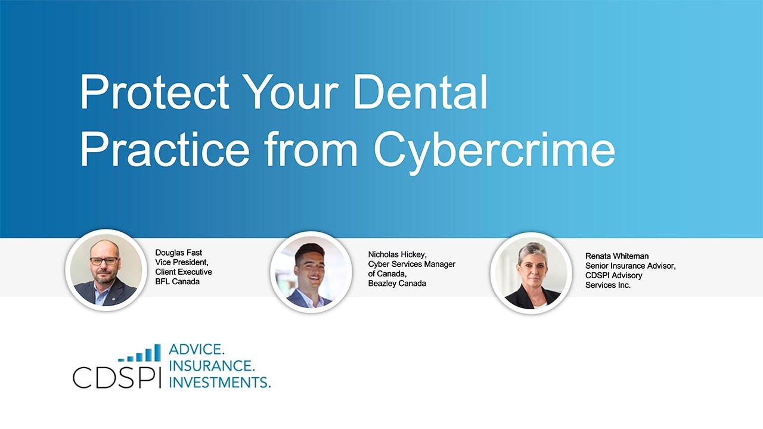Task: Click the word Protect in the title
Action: click(x=154, y=93)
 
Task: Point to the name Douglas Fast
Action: click(x=179, y=253)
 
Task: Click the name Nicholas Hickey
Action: click(x=397, y=254)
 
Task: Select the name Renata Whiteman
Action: click(x=617, y=256)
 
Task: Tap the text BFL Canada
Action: click(x=178, y=281)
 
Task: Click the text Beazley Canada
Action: click(x=397, y=283)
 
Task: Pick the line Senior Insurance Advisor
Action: click(x=631, y=266)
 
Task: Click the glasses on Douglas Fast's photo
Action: click(x=104, y=261)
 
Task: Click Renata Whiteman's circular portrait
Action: click(x=528, y=273)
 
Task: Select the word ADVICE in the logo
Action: click(x=197, y=350)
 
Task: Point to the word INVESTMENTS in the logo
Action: click(x=219, y=381)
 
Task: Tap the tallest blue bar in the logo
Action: click(x=157, y=352)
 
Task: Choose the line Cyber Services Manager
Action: click(x=412, y=264)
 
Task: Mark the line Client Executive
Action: click(x=184, y=272)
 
